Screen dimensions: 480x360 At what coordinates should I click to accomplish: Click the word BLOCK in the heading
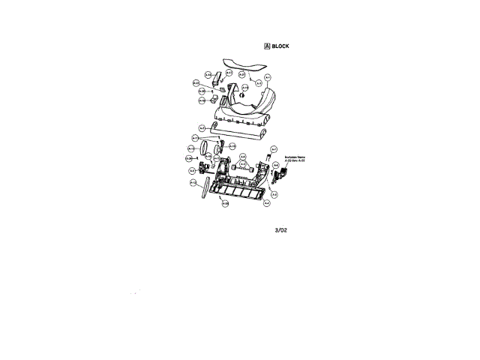tap(280, 46)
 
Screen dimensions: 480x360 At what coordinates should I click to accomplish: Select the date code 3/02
tap(280, 230)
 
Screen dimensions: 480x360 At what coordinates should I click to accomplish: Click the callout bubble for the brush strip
tap(193, 182)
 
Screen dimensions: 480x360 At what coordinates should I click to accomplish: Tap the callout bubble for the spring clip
tap(274, 148)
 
